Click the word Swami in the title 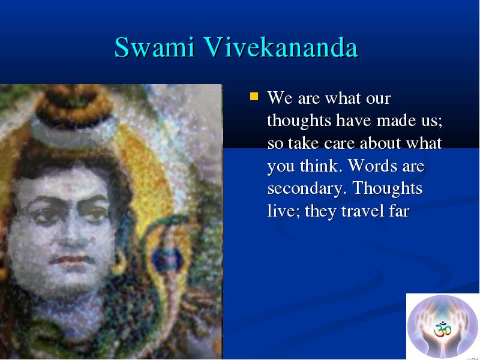(x=155, y=47)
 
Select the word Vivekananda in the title (x=281, y=47)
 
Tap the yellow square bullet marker (x=254, y=97)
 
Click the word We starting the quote (x=280, y=98)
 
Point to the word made (x=397, y=120)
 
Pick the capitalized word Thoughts (x=388, y=188)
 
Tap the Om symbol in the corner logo (x=443, y=329)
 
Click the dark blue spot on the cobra (x=167, y=260)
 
